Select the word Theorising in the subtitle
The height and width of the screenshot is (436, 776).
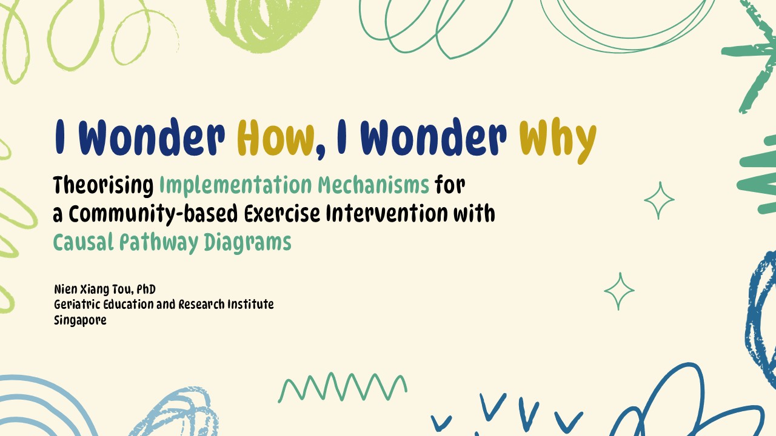pyautogui.click(x=103, y=185)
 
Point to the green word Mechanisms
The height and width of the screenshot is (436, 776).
pyautogui.click(x=373, y=185)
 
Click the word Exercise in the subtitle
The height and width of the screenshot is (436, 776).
pyautogui.click(x=282, y=213)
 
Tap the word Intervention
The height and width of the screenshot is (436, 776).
pyautogui.click(x=387, y=213)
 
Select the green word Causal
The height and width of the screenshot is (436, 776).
pyautogui.click(x=84, y=242)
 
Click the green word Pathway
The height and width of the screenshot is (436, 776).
pyautogui.click(x=159, y=243)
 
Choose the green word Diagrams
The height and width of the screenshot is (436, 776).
pyautogui.click(x=248, y=243)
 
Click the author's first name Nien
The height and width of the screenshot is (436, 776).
pyautogui.click(x=66, y=289)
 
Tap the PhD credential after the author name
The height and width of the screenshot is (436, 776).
pyautogui.click(x=146, y=289)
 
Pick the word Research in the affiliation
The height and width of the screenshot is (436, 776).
pyautogui.click(x=201, y=305)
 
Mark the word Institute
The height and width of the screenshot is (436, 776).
pyautogui.click(x=250, y=305)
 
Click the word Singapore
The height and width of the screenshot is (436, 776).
pyautogui.click(x=80, y=320)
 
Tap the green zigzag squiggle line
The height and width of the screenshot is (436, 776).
pyautogui.click(x=343, y=387)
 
